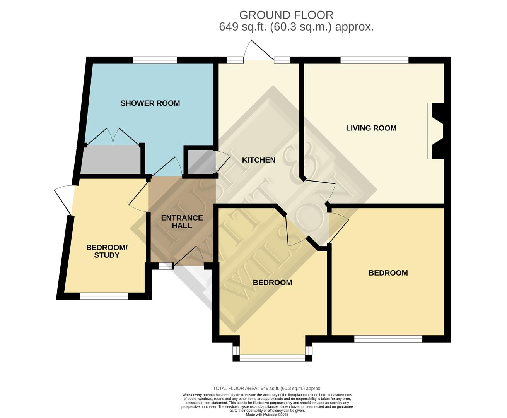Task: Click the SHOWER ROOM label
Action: coord(150,103)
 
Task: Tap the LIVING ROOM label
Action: coord(371,128)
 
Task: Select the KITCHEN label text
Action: coord(258,160)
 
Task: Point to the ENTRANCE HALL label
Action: coord(182,222)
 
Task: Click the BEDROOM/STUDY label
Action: coord(107,251)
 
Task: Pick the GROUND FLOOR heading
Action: coord(286,15)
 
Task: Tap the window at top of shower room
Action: coord(155,60)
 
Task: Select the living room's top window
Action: coord(374,60)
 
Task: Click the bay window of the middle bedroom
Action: coord(272,358)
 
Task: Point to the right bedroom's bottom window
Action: coord(388,339)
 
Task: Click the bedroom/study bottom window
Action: coord(104,296)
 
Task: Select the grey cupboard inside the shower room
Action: coord(110,159)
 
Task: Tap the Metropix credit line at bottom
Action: coord(267,415)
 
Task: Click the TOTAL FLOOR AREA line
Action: coord(267,388)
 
